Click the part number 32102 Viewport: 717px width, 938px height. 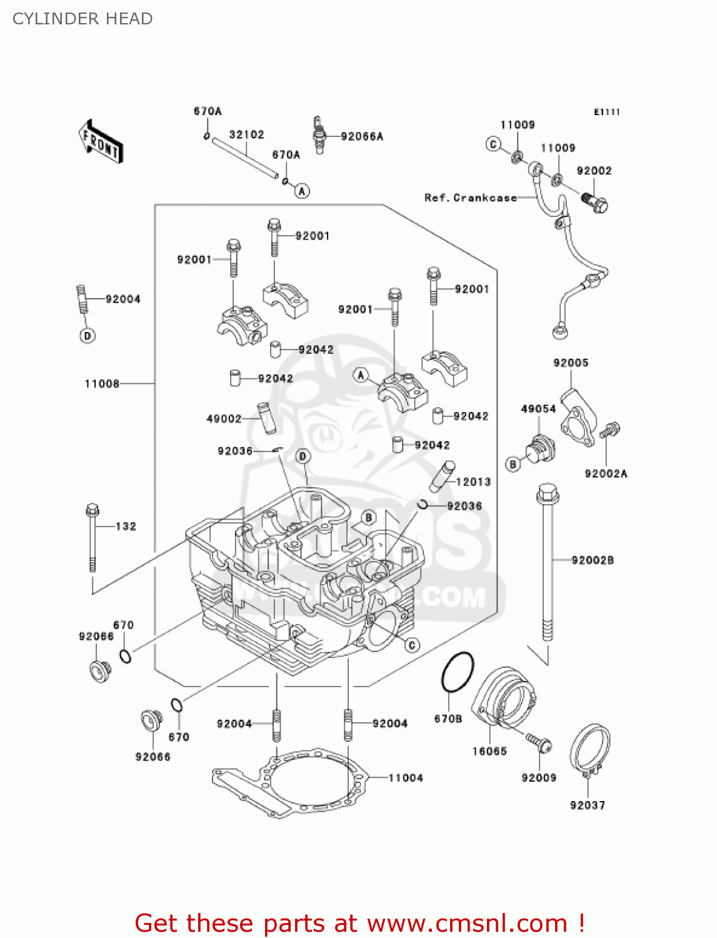pyautogui.click(x=246, y=134)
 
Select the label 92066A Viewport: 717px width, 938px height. pyautogui.click(x=362, y=136)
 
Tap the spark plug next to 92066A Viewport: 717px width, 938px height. pyautogui.click(x=319, y=134)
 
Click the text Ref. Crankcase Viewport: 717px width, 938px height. pyautogui.click(x=470, y=198)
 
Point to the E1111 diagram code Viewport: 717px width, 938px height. pyautogui.click(x=606, y=112)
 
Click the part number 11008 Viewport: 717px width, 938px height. pyautogui.click(x=102, y=383)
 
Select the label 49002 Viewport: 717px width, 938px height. pyautogui.click(x=224, y=418)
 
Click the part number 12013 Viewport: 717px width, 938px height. pyautogui.click(x=473, y=482)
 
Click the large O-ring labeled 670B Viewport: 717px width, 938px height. pyautogui.click(x=458, y=672)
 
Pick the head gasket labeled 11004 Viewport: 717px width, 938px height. pyautogui.click(x=288, y=782)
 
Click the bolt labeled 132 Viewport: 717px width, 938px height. pyautogui.click(x=93, y=538)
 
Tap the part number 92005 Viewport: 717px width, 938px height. pyautogui.click(x=571, y=363)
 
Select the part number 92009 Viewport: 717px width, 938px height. pyautogui.click(x=539, y=777)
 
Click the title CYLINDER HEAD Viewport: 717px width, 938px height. pyautogui.click(x=83, y=19)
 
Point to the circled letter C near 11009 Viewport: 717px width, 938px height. pyautogui.click(x=493, y=144)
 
